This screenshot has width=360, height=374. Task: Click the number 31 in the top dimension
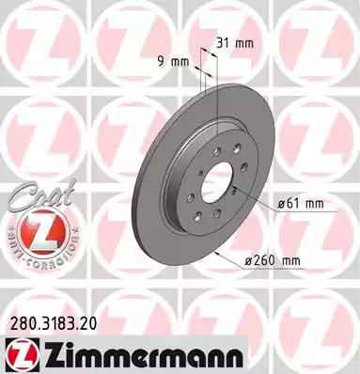tap(222, 41)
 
